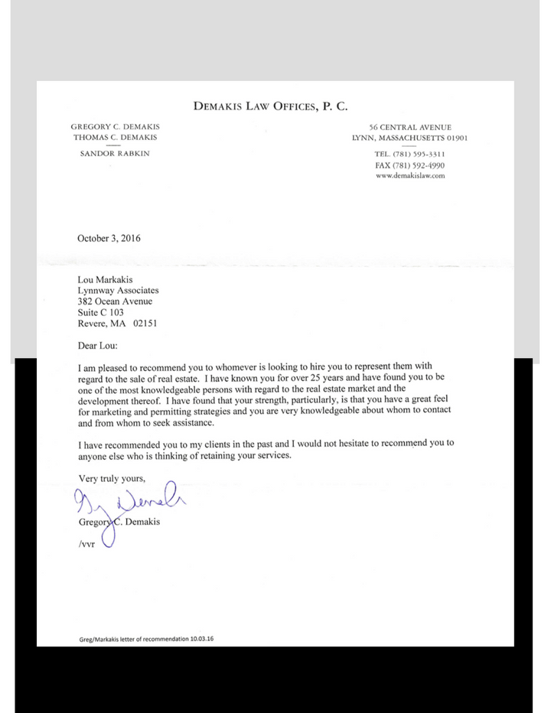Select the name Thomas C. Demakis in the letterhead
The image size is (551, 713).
coord(115,138)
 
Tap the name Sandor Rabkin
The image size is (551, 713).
coord(115,153)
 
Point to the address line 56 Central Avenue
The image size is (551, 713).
coord(409,127)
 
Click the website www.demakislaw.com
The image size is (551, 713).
coord(409,175)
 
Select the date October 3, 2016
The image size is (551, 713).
coord(109,238)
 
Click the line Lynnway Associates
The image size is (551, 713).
coord(118,291)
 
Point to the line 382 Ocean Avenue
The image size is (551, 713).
coord(115,301)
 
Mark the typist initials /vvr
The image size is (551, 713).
coord(86,547)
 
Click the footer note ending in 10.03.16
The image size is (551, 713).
coord(145,639)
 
